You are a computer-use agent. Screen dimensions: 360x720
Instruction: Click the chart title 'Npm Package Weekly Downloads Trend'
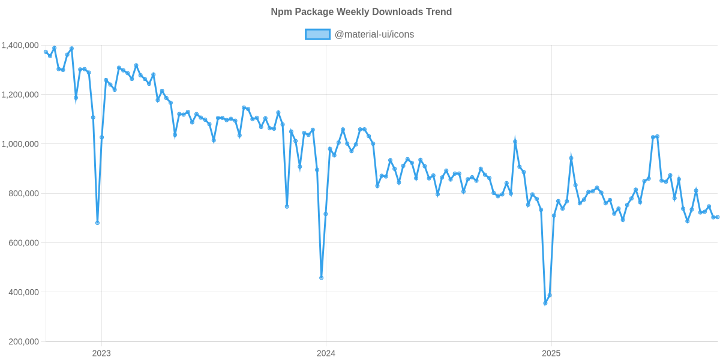[x=361, y=12]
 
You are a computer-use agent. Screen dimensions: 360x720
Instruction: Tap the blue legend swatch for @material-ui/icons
[x=317, y=34]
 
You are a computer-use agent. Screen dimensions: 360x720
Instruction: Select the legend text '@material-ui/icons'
[x=374, y=34]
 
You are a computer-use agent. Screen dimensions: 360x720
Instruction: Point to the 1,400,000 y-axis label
[x=20, y=45]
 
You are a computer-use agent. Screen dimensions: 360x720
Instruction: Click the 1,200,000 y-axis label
[x=20, y=94]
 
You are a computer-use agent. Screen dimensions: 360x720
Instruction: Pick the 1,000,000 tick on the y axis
[x=20, y=144]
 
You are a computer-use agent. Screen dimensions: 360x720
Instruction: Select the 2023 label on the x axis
[x=101, y=353]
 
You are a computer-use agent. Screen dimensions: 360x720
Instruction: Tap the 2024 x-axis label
[x=326, y=353]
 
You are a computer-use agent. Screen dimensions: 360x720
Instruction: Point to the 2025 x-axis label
[x=551, y=353]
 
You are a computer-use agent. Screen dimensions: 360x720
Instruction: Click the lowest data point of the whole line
[x=545, y=304]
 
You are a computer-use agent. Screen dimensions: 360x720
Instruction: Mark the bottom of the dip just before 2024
[x=322, y=278]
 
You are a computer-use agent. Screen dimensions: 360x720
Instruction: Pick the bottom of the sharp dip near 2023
[x=97, y=223]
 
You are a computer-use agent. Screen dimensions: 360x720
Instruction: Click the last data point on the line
[x=718, y=217]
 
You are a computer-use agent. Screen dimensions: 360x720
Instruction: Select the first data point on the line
[x=46, y=52]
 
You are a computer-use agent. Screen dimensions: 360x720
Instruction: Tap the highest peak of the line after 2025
[x=657, y=136]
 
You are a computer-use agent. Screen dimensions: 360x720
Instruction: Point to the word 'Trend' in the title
[x=439, y=12]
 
